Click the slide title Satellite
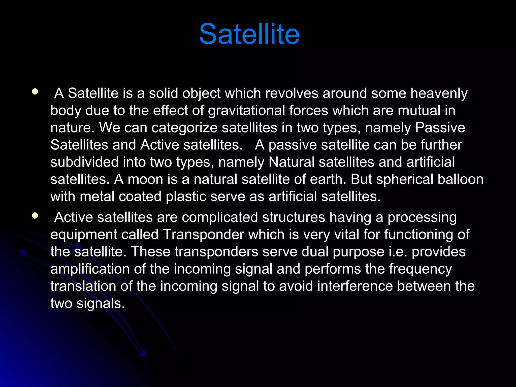click(249, 34)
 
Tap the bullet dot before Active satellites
click(35, 215)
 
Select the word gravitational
click(246, 111)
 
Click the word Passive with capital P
click(440, 128)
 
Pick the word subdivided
click(84, 162)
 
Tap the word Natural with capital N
click(291, 162)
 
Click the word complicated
click(220, 217)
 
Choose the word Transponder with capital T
click(203, 235)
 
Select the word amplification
click(90, 269)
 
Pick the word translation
click(83, 286)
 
